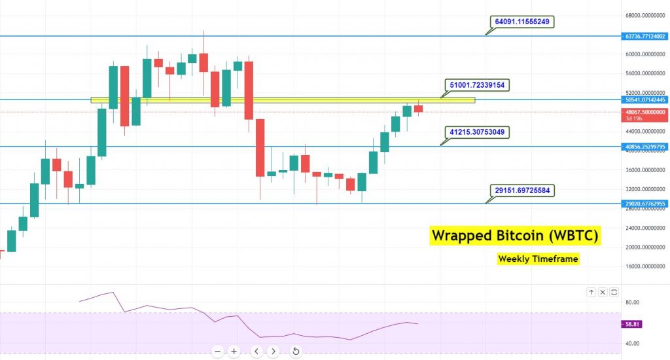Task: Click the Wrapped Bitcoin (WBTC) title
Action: (515, 236)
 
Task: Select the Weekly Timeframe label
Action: (538, 259)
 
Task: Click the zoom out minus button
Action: (217, 351)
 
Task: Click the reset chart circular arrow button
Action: (296, 351)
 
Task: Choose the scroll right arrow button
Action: (273, 351)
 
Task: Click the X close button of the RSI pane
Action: (603, 292)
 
